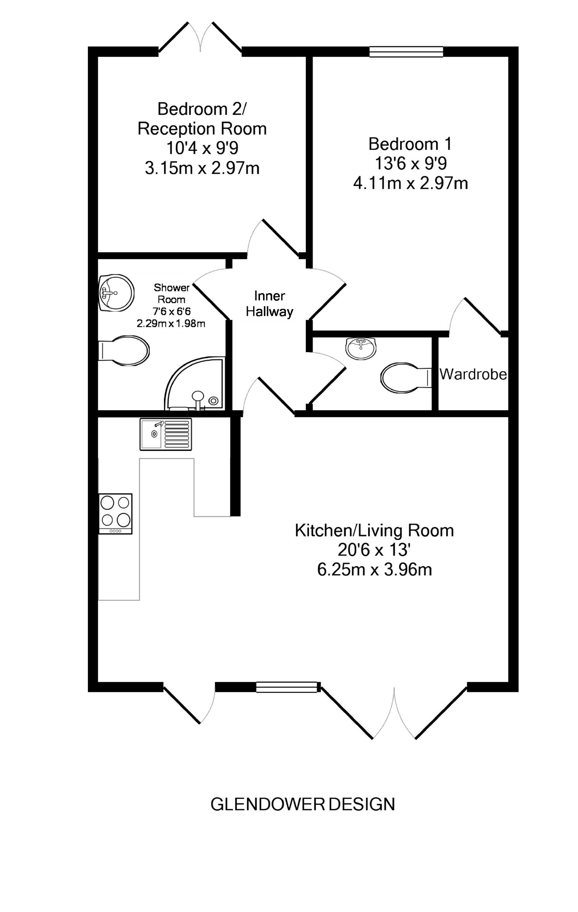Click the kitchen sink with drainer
tap(166, 434)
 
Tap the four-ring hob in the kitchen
tap(116, 514)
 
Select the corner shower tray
tap(195, 384)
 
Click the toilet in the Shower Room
tap(124, 350)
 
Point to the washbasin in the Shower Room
tap(116, 293)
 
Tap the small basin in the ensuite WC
tap(360, 348)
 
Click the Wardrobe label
tap(473, 374)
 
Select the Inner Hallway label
tap(269, 304)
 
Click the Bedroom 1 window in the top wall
tap(406, 52)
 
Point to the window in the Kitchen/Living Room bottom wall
tap(287, 687)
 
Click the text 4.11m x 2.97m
tap(410, 183)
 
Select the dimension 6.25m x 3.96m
tap(375, 570)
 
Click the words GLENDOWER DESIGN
tap(303, 804)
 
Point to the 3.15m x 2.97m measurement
tap(202, 168)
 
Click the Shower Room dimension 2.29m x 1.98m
tap(171, 323)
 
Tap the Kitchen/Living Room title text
tap(374, 531)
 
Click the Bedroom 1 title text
tap(410, 144)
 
